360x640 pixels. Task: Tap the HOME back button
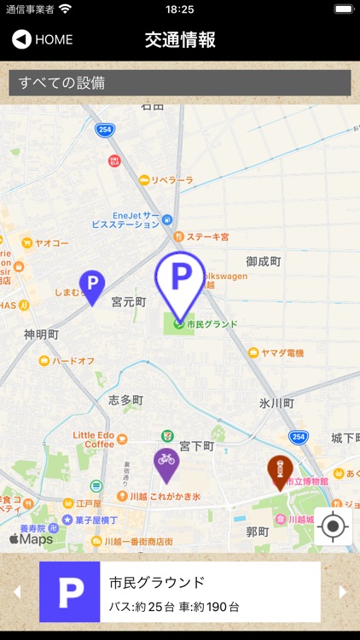(x=43, y=39)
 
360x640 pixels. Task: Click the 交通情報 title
(x=180, y=39)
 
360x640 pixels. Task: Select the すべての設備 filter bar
(x=179, y=83)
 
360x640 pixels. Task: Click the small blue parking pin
(x=91, y=284)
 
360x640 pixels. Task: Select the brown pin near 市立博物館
(x=279, y=469)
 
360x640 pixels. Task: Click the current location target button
(x=333, y=527)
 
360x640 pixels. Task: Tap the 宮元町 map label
(x=129, y=303)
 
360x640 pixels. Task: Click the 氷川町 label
(x=276, y=403)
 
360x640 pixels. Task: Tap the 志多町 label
(x=125, y=399)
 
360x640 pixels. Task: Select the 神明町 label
(x=41, y=334)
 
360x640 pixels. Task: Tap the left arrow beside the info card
(x=15, y=592)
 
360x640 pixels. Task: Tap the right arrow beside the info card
(x=343, y=592)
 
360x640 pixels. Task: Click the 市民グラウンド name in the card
(x=157, y=583)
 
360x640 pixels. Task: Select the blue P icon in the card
(x=70, y=592)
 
